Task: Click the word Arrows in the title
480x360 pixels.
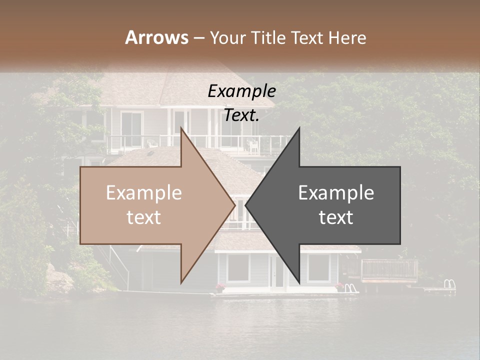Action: click(157, 37)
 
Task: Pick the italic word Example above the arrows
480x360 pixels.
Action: click(241, 91)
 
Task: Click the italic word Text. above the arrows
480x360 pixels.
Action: click(241, 115)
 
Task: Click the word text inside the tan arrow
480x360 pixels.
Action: click(144, 217)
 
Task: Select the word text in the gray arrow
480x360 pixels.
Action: click(336, 217)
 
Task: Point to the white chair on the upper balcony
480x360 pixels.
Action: click(254, 145)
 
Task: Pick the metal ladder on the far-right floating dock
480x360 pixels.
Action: click(449, 284)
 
